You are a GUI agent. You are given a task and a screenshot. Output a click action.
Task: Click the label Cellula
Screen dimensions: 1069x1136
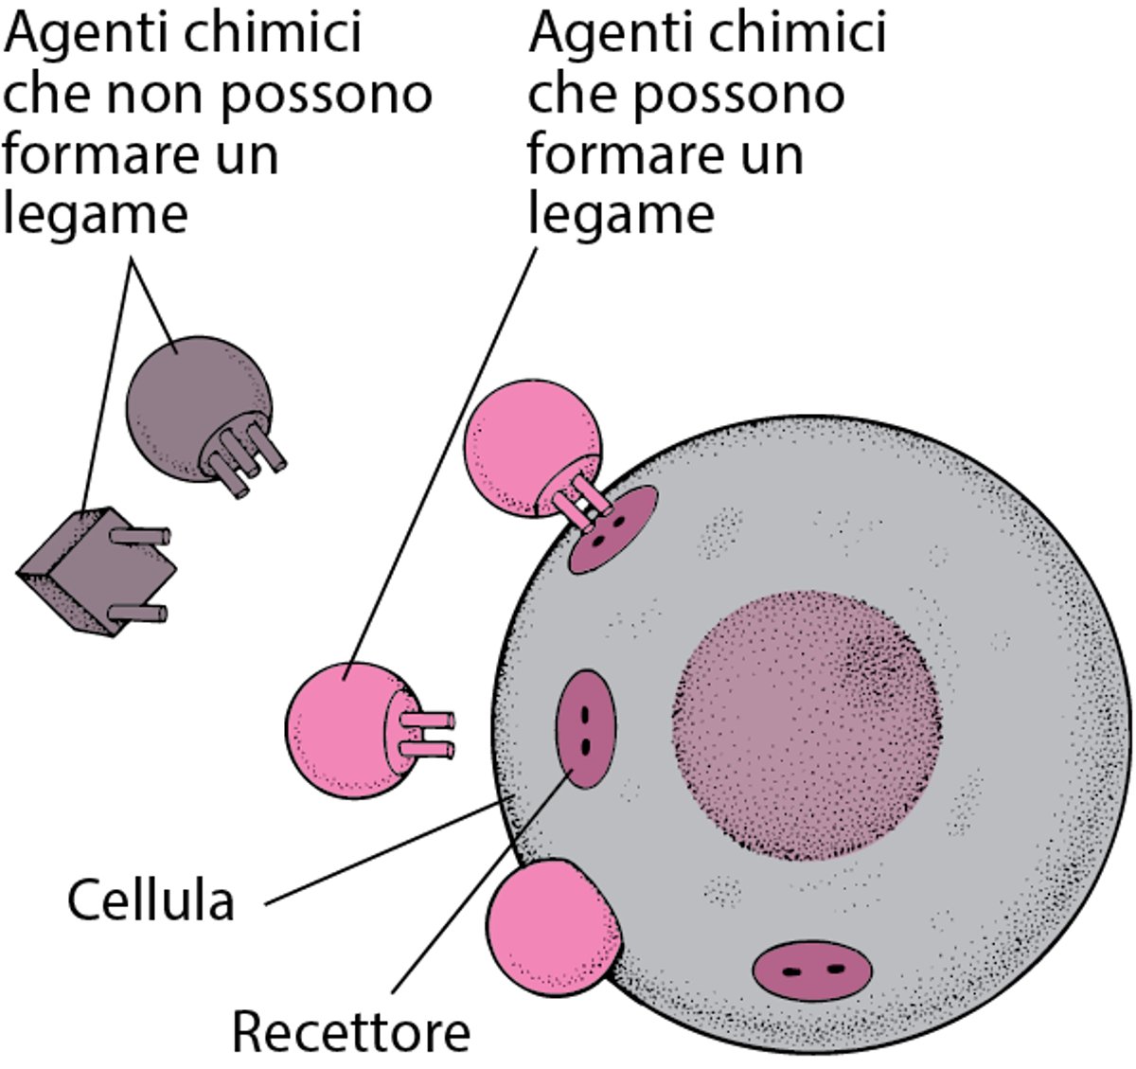pos(151,900)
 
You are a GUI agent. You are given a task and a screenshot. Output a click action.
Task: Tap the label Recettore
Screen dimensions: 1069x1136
pos(350,1032)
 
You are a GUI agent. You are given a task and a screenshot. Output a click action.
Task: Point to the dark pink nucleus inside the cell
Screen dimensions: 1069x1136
pos(806,720)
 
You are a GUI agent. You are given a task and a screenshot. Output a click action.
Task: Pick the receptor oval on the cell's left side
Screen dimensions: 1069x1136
pos(584,729)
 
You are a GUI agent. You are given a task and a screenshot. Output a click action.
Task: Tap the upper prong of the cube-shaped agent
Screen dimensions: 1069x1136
pos(142,536)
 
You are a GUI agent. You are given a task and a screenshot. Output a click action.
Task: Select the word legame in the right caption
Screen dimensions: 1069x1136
pos(620,215)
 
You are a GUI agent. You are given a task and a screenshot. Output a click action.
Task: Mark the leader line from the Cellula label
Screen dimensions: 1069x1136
pos(388,852)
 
